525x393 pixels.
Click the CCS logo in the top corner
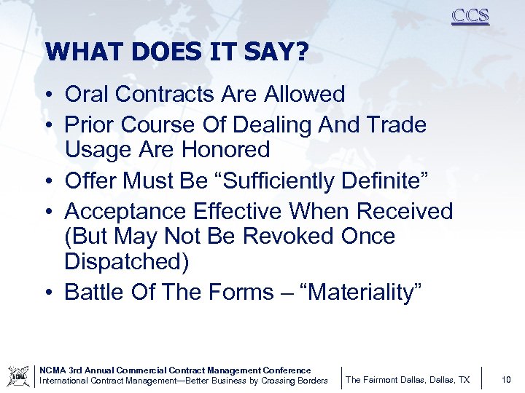[x=470, y=16]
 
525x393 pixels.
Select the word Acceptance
[x=125, y=211]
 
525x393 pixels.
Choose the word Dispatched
[x=126, y=262]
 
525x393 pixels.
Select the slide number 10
[x=506, y=379]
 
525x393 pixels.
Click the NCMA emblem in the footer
[x=17, y=376]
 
